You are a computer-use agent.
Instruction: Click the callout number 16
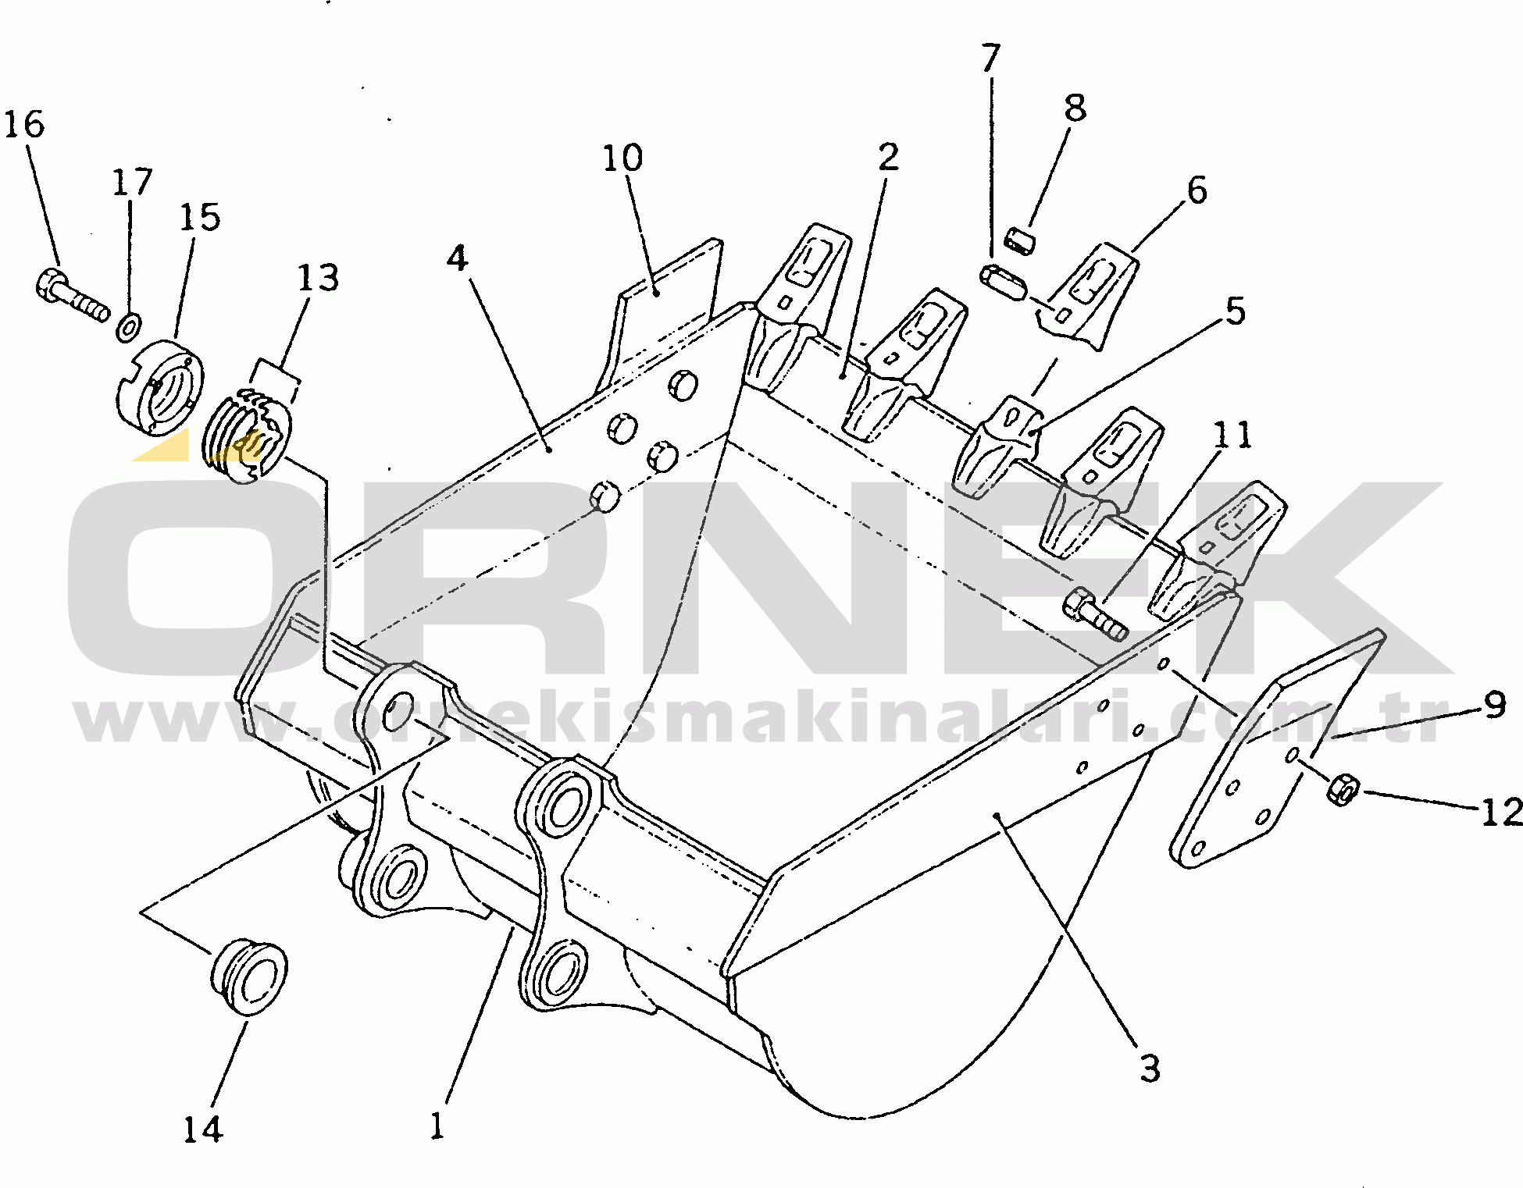pyautogui.click(x=24, y=125)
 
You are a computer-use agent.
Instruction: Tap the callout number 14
pyautogui.click(x=203, y=1129)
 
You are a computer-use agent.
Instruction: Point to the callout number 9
pyautogui.click(x=1495, y=705)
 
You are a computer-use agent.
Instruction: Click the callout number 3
pyautogui.click(x=1150, y=1069)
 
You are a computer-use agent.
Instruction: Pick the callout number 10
pyautogui.click(x=622, y=158)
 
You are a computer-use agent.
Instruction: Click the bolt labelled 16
pyautogui.click(x=72, y=296)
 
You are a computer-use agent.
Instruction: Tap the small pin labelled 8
pyautogui.click(x=1018, y=240)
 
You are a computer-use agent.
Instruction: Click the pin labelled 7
pyautogui.click(x=1004, y=280)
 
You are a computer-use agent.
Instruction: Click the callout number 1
pyautogui.click(x=437, y=1126)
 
